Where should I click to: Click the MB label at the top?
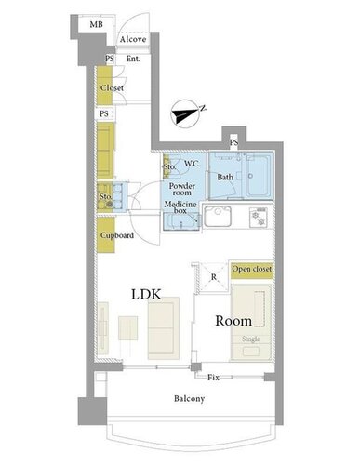96,24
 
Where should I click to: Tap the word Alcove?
133,39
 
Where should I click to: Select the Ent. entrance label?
133,59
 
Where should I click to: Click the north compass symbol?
185,113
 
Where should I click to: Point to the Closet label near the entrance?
112,88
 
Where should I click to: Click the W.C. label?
192,164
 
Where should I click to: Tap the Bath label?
225,178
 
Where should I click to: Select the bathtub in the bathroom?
258,176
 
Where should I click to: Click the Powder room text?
182,189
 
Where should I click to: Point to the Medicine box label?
180,207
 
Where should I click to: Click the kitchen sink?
218,217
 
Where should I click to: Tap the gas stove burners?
259,218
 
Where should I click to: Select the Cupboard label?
117,235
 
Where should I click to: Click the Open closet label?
251,269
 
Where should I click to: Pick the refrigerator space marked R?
213,277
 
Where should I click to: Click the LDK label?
146,295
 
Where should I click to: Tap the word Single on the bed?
251,339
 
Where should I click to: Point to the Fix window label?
213,378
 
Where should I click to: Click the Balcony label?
189,399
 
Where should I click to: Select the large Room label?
233,321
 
